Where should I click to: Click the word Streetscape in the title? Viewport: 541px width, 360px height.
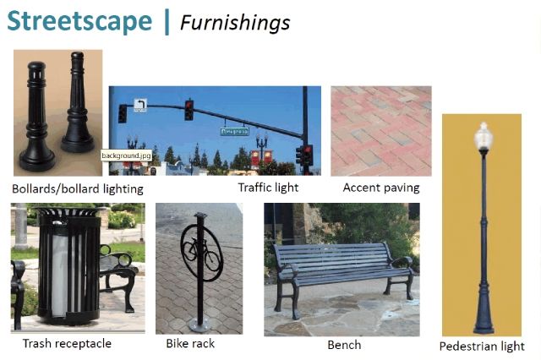coord(79,21)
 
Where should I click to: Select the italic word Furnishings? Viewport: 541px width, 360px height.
coord(235,23)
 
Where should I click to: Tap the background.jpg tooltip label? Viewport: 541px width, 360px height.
coord(126,155)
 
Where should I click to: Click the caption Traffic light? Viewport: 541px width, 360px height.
coord(268,188)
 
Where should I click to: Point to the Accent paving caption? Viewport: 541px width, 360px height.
coord(381,188)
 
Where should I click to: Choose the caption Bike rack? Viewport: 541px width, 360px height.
coord(190,343)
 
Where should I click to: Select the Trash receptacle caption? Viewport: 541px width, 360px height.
coord(67,343)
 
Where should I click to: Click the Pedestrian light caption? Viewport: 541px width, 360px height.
coord(482,346)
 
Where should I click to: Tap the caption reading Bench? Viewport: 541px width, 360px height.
coord(344,345)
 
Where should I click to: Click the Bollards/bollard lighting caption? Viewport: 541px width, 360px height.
coord(78,189)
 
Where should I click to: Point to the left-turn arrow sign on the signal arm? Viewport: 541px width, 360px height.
coord(140,105)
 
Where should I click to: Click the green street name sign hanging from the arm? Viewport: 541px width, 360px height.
coord(234,131)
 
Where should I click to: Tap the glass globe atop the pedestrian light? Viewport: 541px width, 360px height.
coord(484,134)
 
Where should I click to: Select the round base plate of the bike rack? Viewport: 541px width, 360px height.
coord(199,325)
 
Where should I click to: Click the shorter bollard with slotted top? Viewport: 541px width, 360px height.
coord(37,117)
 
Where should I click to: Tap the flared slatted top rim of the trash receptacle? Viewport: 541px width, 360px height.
coord(68,211)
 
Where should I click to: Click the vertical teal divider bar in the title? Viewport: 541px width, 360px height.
coord(167,22)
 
